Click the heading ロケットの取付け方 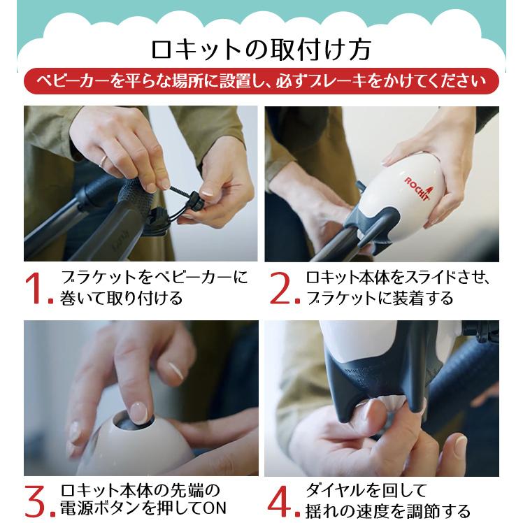pyautogui.click(x=261, y=50)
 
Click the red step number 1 pyautogui.click(x=37, y=289)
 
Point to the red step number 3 pyautogui.click(x=37, y=499)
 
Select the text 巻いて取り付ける pyautogui.click(x=122, y=299)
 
